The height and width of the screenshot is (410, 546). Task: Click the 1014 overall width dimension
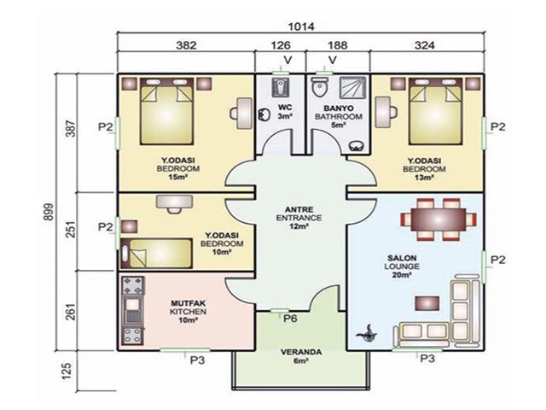301,26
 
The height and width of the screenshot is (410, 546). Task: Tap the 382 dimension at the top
186,45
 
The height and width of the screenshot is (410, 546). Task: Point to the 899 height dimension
49,211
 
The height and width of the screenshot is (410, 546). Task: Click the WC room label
284,112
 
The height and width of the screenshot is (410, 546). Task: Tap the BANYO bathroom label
338,116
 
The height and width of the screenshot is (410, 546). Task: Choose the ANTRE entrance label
299,218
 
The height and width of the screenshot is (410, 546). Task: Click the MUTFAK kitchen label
188,312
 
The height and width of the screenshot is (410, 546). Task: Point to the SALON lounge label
402,266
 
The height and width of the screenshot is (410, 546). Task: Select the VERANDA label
301,356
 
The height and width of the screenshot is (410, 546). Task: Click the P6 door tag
290,319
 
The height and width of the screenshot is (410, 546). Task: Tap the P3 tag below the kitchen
197,360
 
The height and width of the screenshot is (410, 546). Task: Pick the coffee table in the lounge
427,303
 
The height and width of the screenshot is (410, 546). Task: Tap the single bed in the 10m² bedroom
156,254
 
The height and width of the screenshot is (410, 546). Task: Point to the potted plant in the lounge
367,333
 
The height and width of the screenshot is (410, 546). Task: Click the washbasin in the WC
264,114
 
